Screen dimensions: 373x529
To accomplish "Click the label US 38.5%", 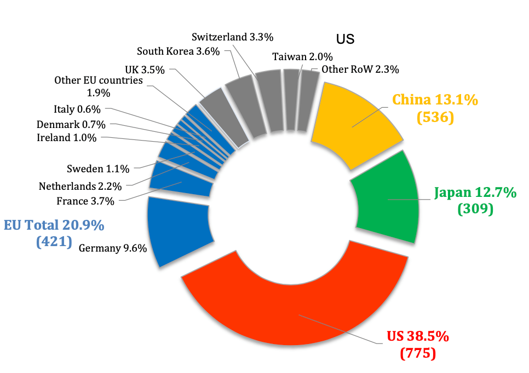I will tap(418, 336).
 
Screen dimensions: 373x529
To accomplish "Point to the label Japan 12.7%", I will tap(475, 193).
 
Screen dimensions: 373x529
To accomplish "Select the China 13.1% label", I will tap(435, 100).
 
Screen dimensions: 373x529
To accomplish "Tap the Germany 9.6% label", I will tap(113, 248).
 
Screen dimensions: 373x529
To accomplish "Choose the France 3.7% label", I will tap(85, 201).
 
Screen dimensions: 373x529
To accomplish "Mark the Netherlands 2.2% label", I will tap(80, 186).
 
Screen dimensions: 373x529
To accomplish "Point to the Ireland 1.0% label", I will tap(66, 137).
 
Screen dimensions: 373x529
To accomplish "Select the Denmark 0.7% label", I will tap(71, 124).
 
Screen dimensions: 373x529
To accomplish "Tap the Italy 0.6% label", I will tap(77, 109).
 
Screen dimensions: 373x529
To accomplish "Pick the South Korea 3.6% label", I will tap(178, 51).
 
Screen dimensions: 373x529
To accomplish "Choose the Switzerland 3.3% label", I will tap(233, 37).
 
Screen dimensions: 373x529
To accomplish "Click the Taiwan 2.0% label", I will tap(302, 56).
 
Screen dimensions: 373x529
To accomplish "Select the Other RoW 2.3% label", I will tap(360, 69).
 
